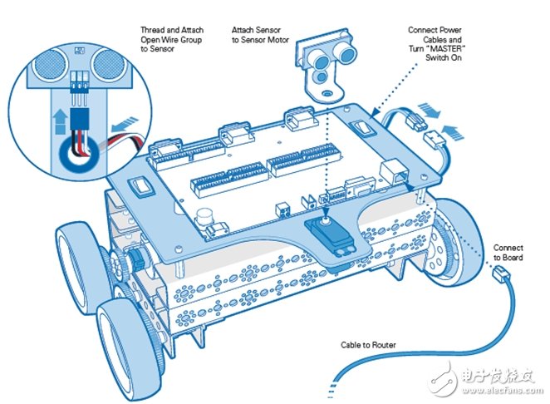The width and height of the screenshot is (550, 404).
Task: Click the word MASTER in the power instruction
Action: [444, 48]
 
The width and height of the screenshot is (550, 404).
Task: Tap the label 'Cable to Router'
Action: [368, 345]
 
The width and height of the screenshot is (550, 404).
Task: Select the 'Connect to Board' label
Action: [508, 253]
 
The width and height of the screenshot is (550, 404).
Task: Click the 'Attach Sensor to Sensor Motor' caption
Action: [260, 35]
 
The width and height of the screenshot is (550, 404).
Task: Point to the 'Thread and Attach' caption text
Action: [172, 30]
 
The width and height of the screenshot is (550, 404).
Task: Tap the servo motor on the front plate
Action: [331, 236]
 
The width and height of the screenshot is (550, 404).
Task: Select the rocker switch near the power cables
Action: [363, 127]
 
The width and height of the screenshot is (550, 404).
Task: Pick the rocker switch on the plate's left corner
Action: [142, 185]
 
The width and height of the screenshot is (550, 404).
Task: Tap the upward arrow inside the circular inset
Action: [60, 121]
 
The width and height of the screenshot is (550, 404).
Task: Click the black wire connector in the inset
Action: [79, 119]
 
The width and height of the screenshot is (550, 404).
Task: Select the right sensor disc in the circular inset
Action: [109, 66]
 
